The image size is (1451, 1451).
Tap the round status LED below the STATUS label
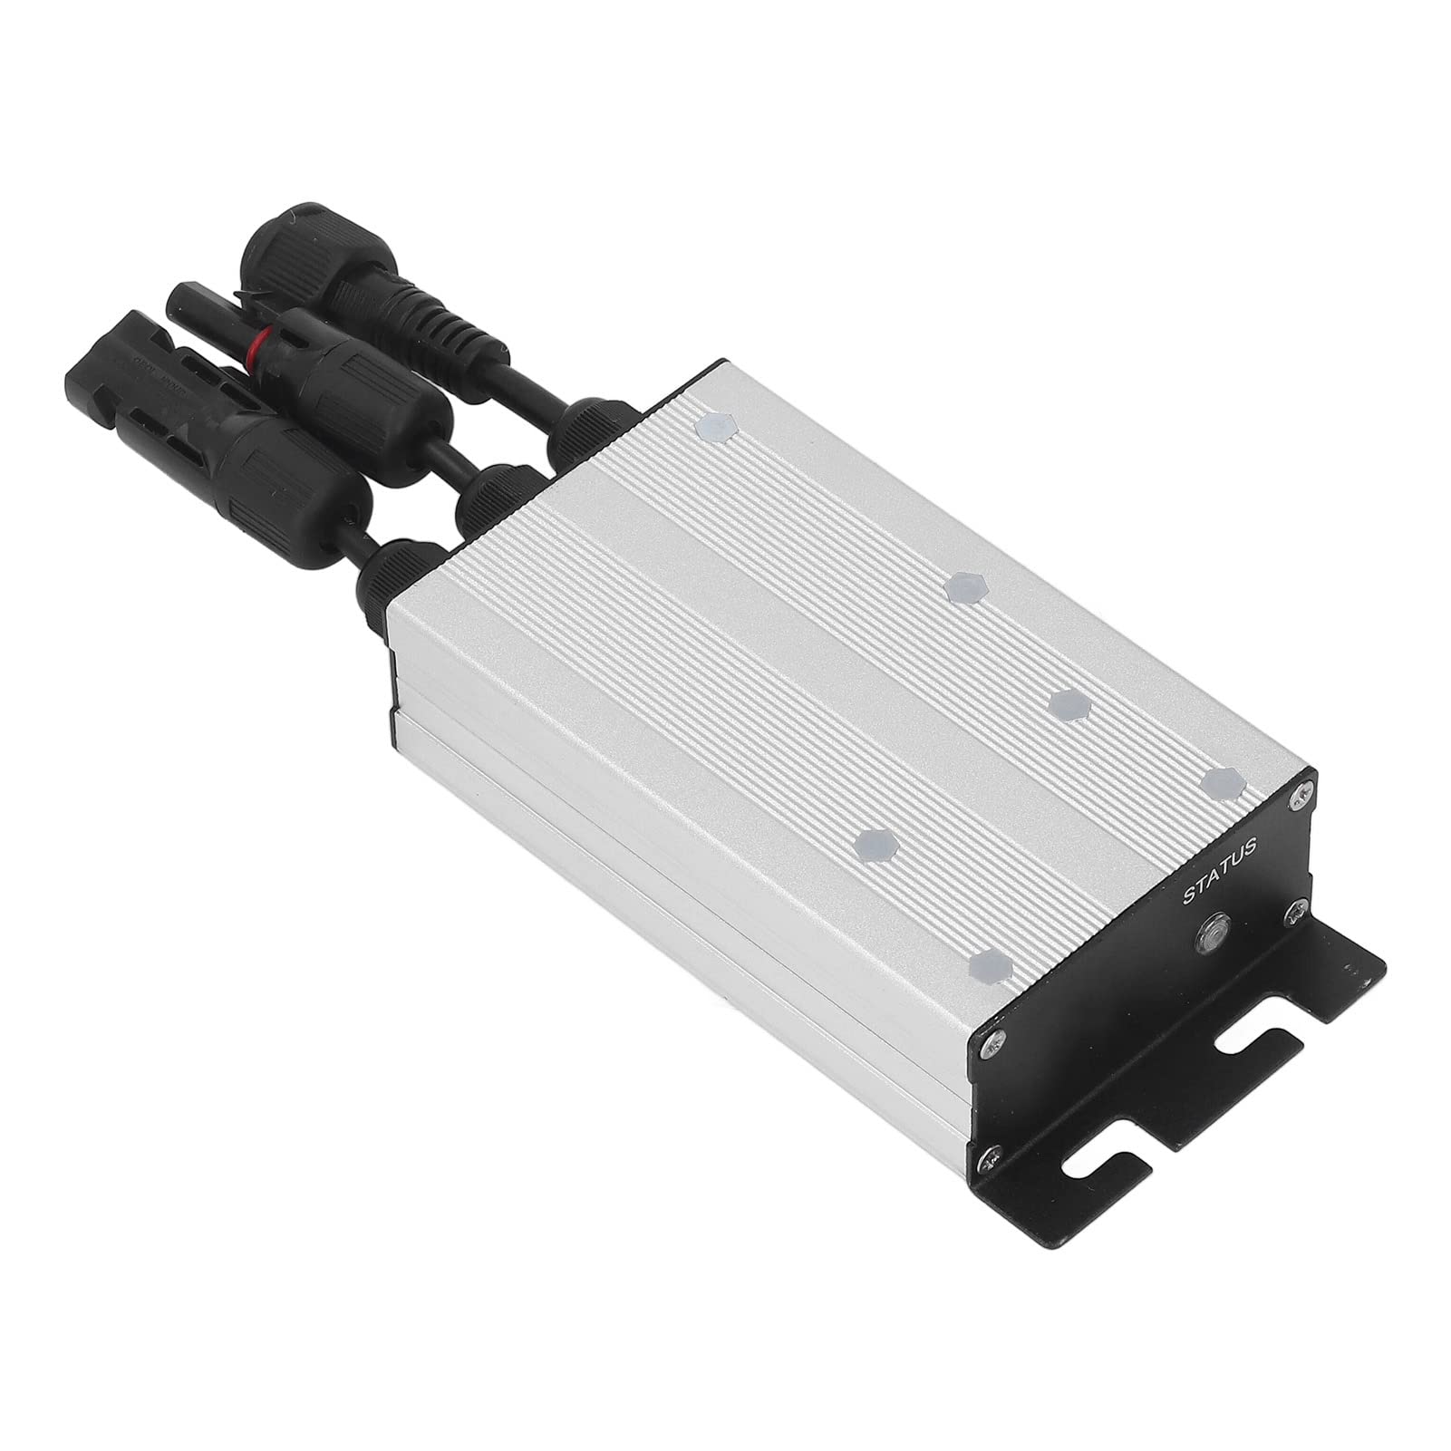pyautogui.click(x=1209, y=932)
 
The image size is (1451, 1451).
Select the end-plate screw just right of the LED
pyautogui.click(x=1294, y=913)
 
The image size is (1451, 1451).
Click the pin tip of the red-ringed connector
pyautogui.click(x=180, y=298)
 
